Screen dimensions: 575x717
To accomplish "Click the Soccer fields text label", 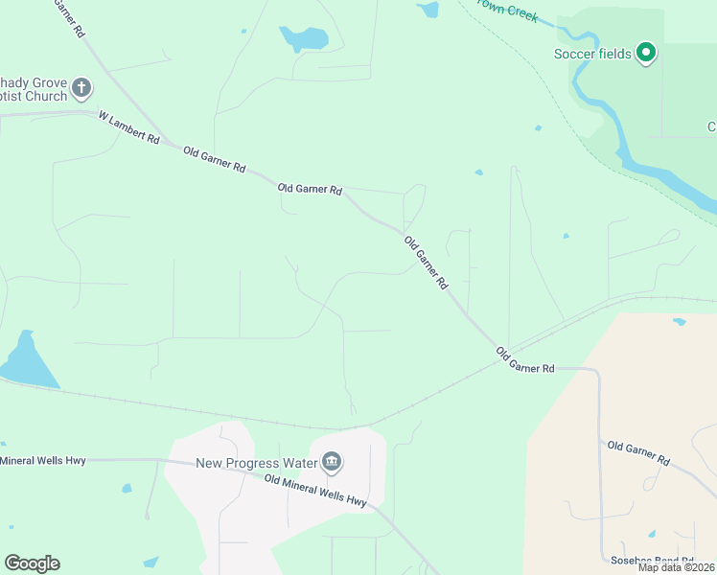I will [x=592, y=54].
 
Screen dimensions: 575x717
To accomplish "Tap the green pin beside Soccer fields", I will [x=646, y=53].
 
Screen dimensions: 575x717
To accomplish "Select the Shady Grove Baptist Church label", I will [x=35, y=89].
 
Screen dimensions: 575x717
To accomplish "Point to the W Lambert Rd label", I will [x=129, y=126].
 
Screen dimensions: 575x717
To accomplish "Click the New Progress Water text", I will [x=256, y=463].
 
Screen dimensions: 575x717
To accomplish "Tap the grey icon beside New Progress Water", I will [x=332, y=463].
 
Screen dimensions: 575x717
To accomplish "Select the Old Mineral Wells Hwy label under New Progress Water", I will [x=315, y=492].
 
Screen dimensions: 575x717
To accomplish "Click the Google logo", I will [x=32, y=563].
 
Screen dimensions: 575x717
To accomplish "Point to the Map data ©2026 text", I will [x=677, y=567].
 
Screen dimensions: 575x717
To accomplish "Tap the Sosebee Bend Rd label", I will [x=653, y=560].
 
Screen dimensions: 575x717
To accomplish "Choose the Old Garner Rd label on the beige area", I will [x=638, y=453].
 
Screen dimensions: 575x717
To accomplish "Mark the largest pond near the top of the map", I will [x=304, y=38].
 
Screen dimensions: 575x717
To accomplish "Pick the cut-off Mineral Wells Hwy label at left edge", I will [x=43, y=461].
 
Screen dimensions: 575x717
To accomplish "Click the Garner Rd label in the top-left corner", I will [x=69, y=19].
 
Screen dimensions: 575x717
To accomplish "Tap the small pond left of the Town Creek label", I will [x=428, y=10].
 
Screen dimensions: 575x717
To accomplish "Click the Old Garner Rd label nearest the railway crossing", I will [x=525, y=361].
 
